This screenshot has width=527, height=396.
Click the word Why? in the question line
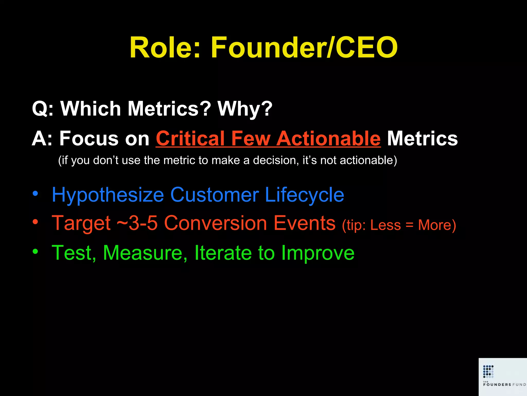(x=245, y=109)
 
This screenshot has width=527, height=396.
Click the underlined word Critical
(x=190, y=138)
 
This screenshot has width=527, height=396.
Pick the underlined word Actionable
(x=329, y=138)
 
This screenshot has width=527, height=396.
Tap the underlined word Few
(x=251, y=138)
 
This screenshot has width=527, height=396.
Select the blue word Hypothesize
(x=108, y=195)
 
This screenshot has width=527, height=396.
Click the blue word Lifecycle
(x=304, y=195)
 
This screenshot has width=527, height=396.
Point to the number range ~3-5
(x=137, y=223)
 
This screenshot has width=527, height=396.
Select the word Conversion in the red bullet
(x=216, y=223)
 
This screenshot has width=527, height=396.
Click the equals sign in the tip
(x=409, y=225)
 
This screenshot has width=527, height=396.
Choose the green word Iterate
(x=223, y=253)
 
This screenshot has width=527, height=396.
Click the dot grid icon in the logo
(x=488, y=371)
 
